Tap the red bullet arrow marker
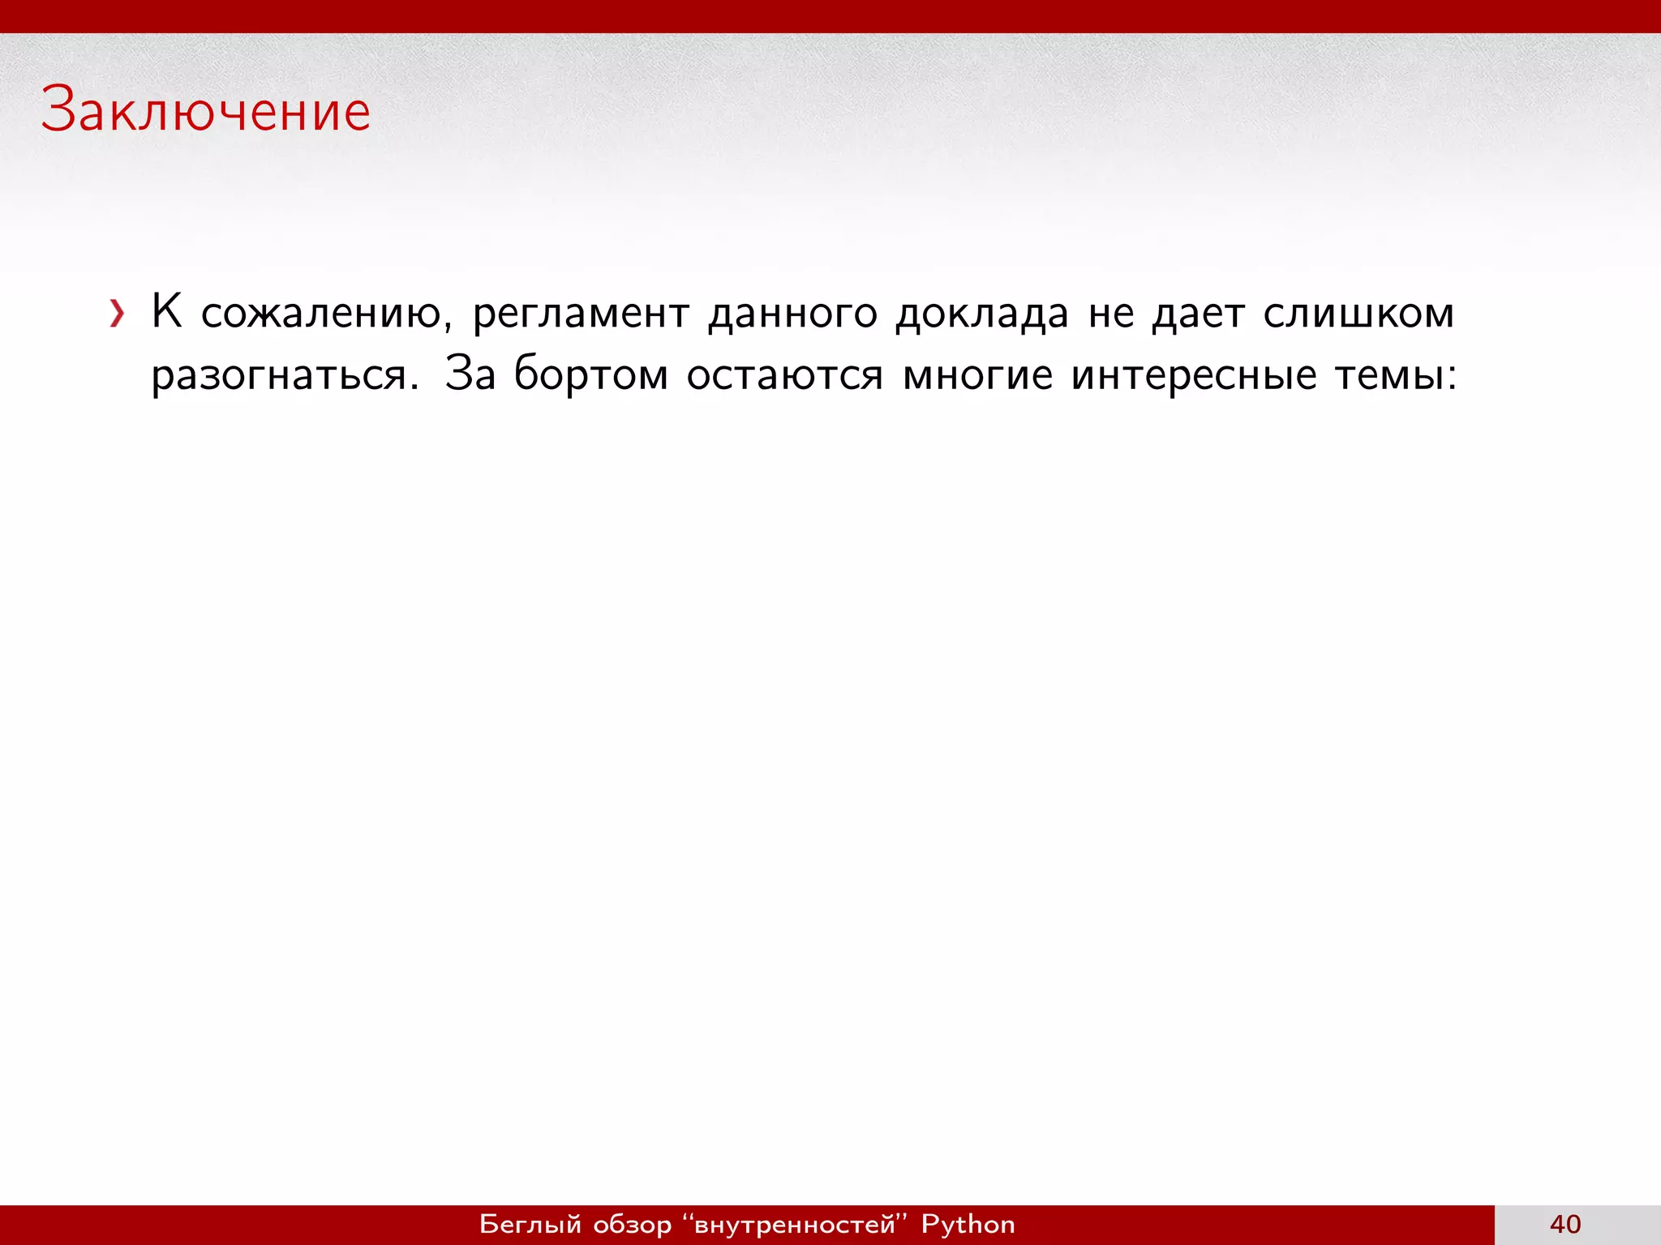click(118, 314)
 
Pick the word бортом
click(591, 375)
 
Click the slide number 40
click(1565, 1224)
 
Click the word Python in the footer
click(968, 1224)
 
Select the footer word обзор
click(633, 1224)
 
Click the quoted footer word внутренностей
click(795, 1224)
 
